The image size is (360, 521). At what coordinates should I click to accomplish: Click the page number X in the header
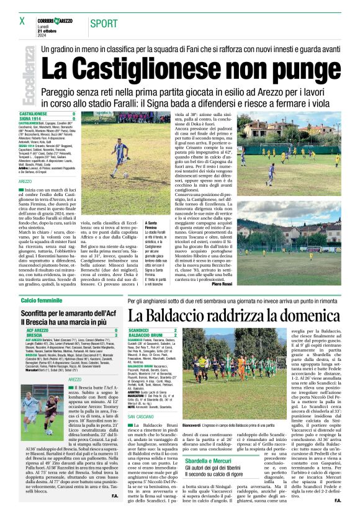(x=22, y=21)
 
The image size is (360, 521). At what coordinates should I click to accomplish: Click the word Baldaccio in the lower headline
(x=194, y=316)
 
